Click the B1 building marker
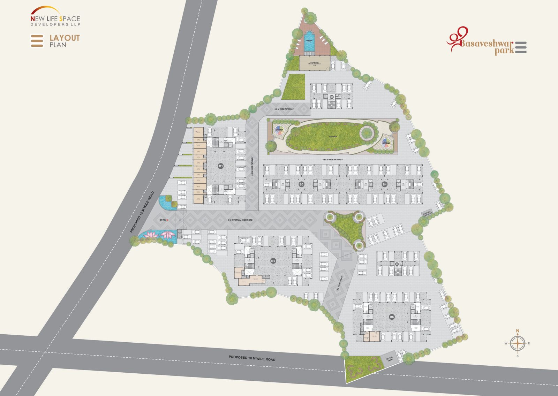tap(221, 166)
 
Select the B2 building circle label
tap(273, 261)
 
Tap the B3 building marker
tap(301, 184)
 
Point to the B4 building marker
tap(384, 184)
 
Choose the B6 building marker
tap(392, 317)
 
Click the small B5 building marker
tap(332, 97)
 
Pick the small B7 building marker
tap(397, 264)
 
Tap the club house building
tap(314, 63)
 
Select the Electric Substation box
tap(427, 214)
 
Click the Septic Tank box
tap(389, 358)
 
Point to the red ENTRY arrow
tap(167, 220)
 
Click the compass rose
tap(518, 343)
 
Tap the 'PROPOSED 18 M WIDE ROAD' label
tap(252, 358)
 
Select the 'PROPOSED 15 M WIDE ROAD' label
tap(142, 212)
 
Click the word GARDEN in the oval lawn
tap(333, 137)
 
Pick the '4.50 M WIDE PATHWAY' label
tap(332, 160)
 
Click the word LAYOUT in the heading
tap(65, 38)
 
